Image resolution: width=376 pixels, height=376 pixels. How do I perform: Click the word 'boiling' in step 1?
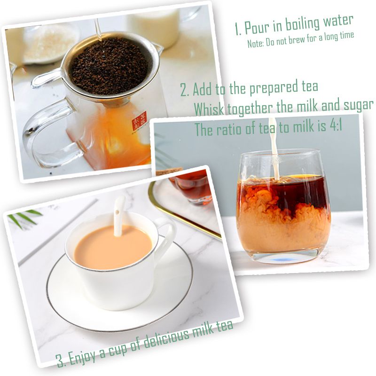[x=303, y=24]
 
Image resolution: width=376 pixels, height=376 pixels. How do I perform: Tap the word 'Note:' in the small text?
[x=256, y=43]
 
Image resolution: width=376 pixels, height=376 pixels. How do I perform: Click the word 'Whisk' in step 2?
[x=209, y=109]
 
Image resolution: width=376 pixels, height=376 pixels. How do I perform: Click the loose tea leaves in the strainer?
[x=110, y=66]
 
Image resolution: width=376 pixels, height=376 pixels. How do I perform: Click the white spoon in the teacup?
[x=119, y=216]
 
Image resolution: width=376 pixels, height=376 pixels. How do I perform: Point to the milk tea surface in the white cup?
[x=113, y=247]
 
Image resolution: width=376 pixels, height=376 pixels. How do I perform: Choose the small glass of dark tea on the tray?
[x=192, y=187]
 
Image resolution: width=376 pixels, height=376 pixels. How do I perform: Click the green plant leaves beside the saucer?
[x=24, y=218]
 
